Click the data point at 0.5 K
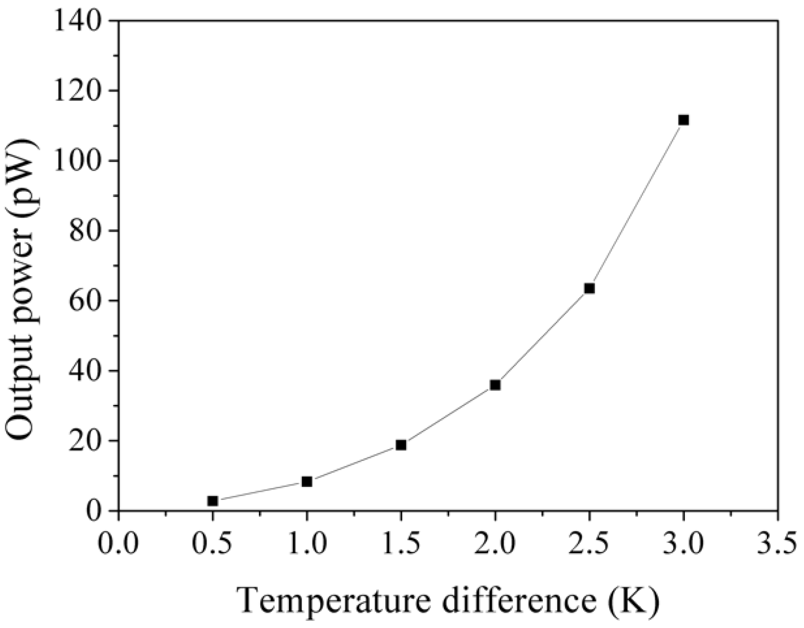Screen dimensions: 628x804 [x=213, y=501]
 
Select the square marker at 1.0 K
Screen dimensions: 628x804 [x=307, y=482]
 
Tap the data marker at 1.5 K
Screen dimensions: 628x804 [x=401, y=445]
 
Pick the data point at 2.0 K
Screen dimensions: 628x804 [x=495, y=385]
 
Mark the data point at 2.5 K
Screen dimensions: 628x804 [x=589, y=288]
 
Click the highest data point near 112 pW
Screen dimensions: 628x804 [x=684, y=120]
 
